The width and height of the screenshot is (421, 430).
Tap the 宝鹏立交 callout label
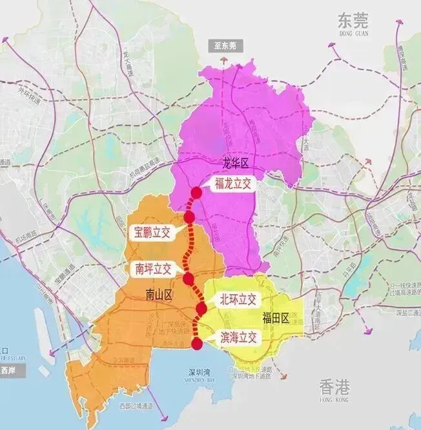coord(152,233)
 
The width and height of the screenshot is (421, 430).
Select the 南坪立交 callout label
coord(154,269)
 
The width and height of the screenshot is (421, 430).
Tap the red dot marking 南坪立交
coord(188,279)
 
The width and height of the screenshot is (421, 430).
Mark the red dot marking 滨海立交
coord(198,344)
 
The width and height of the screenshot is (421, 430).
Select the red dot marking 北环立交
coord(201,309)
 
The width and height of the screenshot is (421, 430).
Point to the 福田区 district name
coord(275,317)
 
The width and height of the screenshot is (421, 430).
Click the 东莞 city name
coord(353,21)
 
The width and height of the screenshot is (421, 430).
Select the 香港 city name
coord(334,387)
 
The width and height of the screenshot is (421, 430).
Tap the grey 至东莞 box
coord(222,46)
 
